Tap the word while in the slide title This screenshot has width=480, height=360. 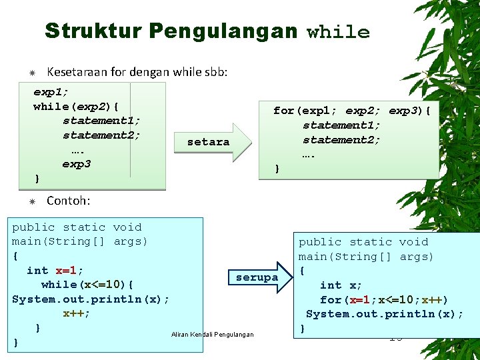point(338,32)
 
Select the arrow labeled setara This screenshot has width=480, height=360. point(212,142)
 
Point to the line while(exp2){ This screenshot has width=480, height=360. point(77,106)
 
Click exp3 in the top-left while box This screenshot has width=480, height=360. point(77,164)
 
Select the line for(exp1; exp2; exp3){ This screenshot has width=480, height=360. point(352,110)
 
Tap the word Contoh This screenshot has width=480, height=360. point(68,200)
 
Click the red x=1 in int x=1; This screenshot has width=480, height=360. point(67,270)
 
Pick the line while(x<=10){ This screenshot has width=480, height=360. point(87,285)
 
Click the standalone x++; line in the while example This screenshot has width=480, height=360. point(77,313)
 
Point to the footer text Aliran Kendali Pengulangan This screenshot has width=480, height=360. point(212,334)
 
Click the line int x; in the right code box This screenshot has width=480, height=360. point(341,285)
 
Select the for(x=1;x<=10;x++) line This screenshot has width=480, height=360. point(383,300)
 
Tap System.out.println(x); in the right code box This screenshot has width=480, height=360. point(385,315)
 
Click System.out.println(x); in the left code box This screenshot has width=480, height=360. point(91,299)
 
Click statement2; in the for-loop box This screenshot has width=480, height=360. point(341,139)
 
